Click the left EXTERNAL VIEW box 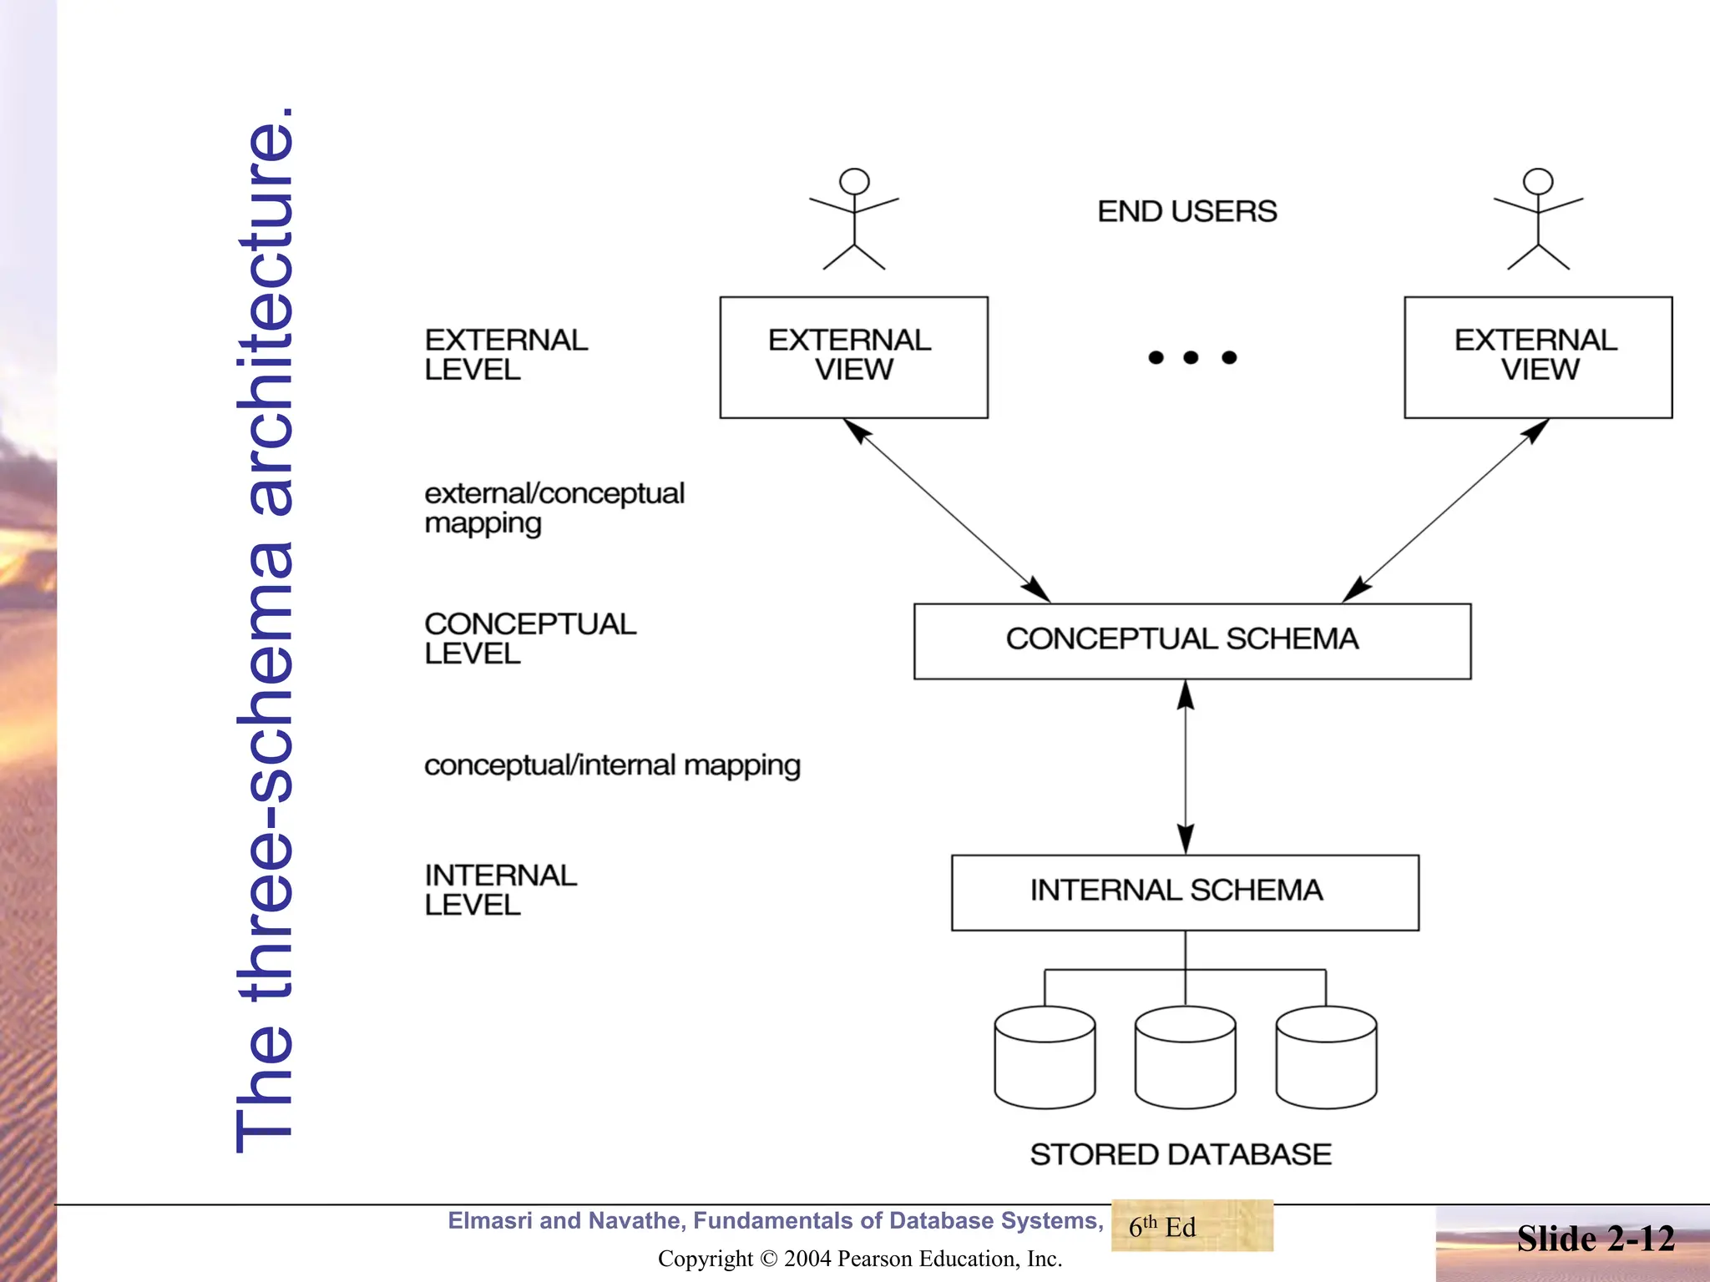[x=853, y=357]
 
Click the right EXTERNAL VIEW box [x=1537, y=357]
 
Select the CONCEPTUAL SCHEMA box [x=1191, y=641]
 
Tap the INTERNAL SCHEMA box [x=1184, y=892]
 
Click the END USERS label [x=1186, y=211]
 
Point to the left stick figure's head [x=854, y=181]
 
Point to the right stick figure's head [x=1538, y=181]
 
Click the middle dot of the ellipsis [x=1191, y=358]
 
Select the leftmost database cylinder [x=1045, y=1057]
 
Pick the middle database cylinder [x=1185, y=1057]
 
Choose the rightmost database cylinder [x=1326, y=1057]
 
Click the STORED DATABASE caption [x=1180, y=1154]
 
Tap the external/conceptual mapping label [x=554, y=507]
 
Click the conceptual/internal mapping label [x=612, y=765]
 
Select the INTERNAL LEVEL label [x=500, y=890]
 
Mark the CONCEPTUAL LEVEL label [x=529, y=638]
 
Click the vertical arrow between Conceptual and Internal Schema [x=1186, y=766]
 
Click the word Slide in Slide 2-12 [x=1556, y=1239]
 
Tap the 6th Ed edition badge [x=1191, y=1226]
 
